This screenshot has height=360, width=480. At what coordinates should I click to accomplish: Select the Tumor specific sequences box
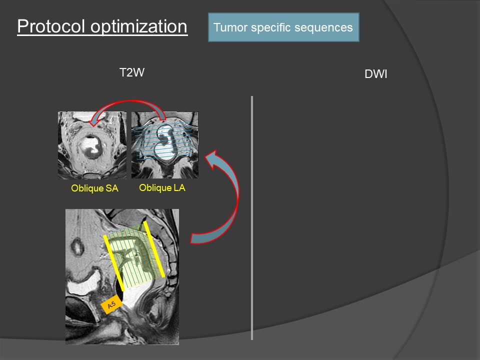point(283,27)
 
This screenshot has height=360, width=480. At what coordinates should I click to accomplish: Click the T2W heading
point(132,72)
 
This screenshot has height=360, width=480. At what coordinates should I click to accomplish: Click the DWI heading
point(376,75)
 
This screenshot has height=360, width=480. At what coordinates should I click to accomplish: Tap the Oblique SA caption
point(94,189)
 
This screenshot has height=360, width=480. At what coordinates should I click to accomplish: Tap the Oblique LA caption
point(162,188)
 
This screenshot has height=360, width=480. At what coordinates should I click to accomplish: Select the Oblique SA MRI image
point(92,145)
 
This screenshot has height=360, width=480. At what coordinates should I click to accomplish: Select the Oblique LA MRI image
point(164,145)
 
